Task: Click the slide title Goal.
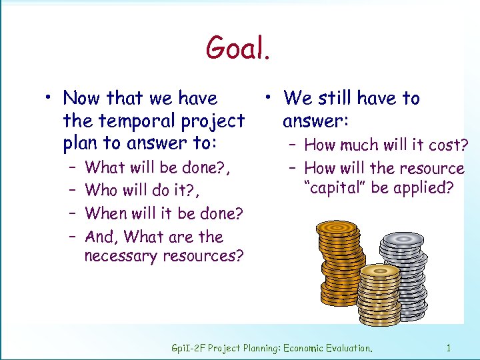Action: pos(238,48)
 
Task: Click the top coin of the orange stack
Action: pos(337,228)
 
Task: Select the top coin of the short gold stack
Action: pos(379,271)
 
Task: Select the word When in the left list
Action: pos(106,213)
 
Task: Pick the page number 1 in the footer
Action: pos(449,347)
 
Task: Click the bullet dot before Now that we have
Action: pos(49,99)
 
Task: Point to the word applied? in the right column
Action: pos(422,187)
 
